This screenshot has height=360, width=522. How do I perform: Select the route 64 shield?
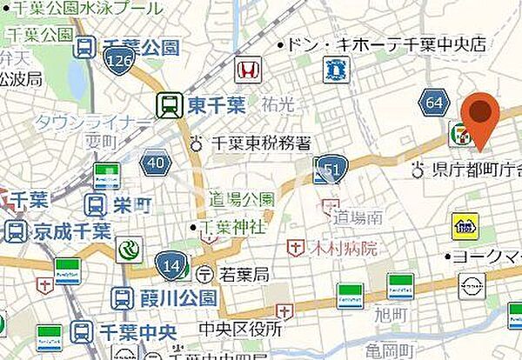(x=432, y=104)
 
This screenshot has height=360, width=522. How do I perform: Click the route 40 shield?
(x=156, y=163)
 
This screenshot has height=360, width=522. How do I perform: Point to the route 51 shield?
(x=331, y=167)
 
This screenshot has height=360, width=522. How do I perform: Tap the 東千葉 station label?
(x=207, y=106)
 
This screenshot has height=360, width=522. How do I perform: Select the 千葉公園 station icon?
(x=85, y=49)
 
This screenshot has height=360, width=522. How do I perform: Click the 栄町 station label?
(x=132, y=205)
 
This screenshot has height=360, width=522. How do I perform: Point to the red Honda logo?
(x=247, y=67)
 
